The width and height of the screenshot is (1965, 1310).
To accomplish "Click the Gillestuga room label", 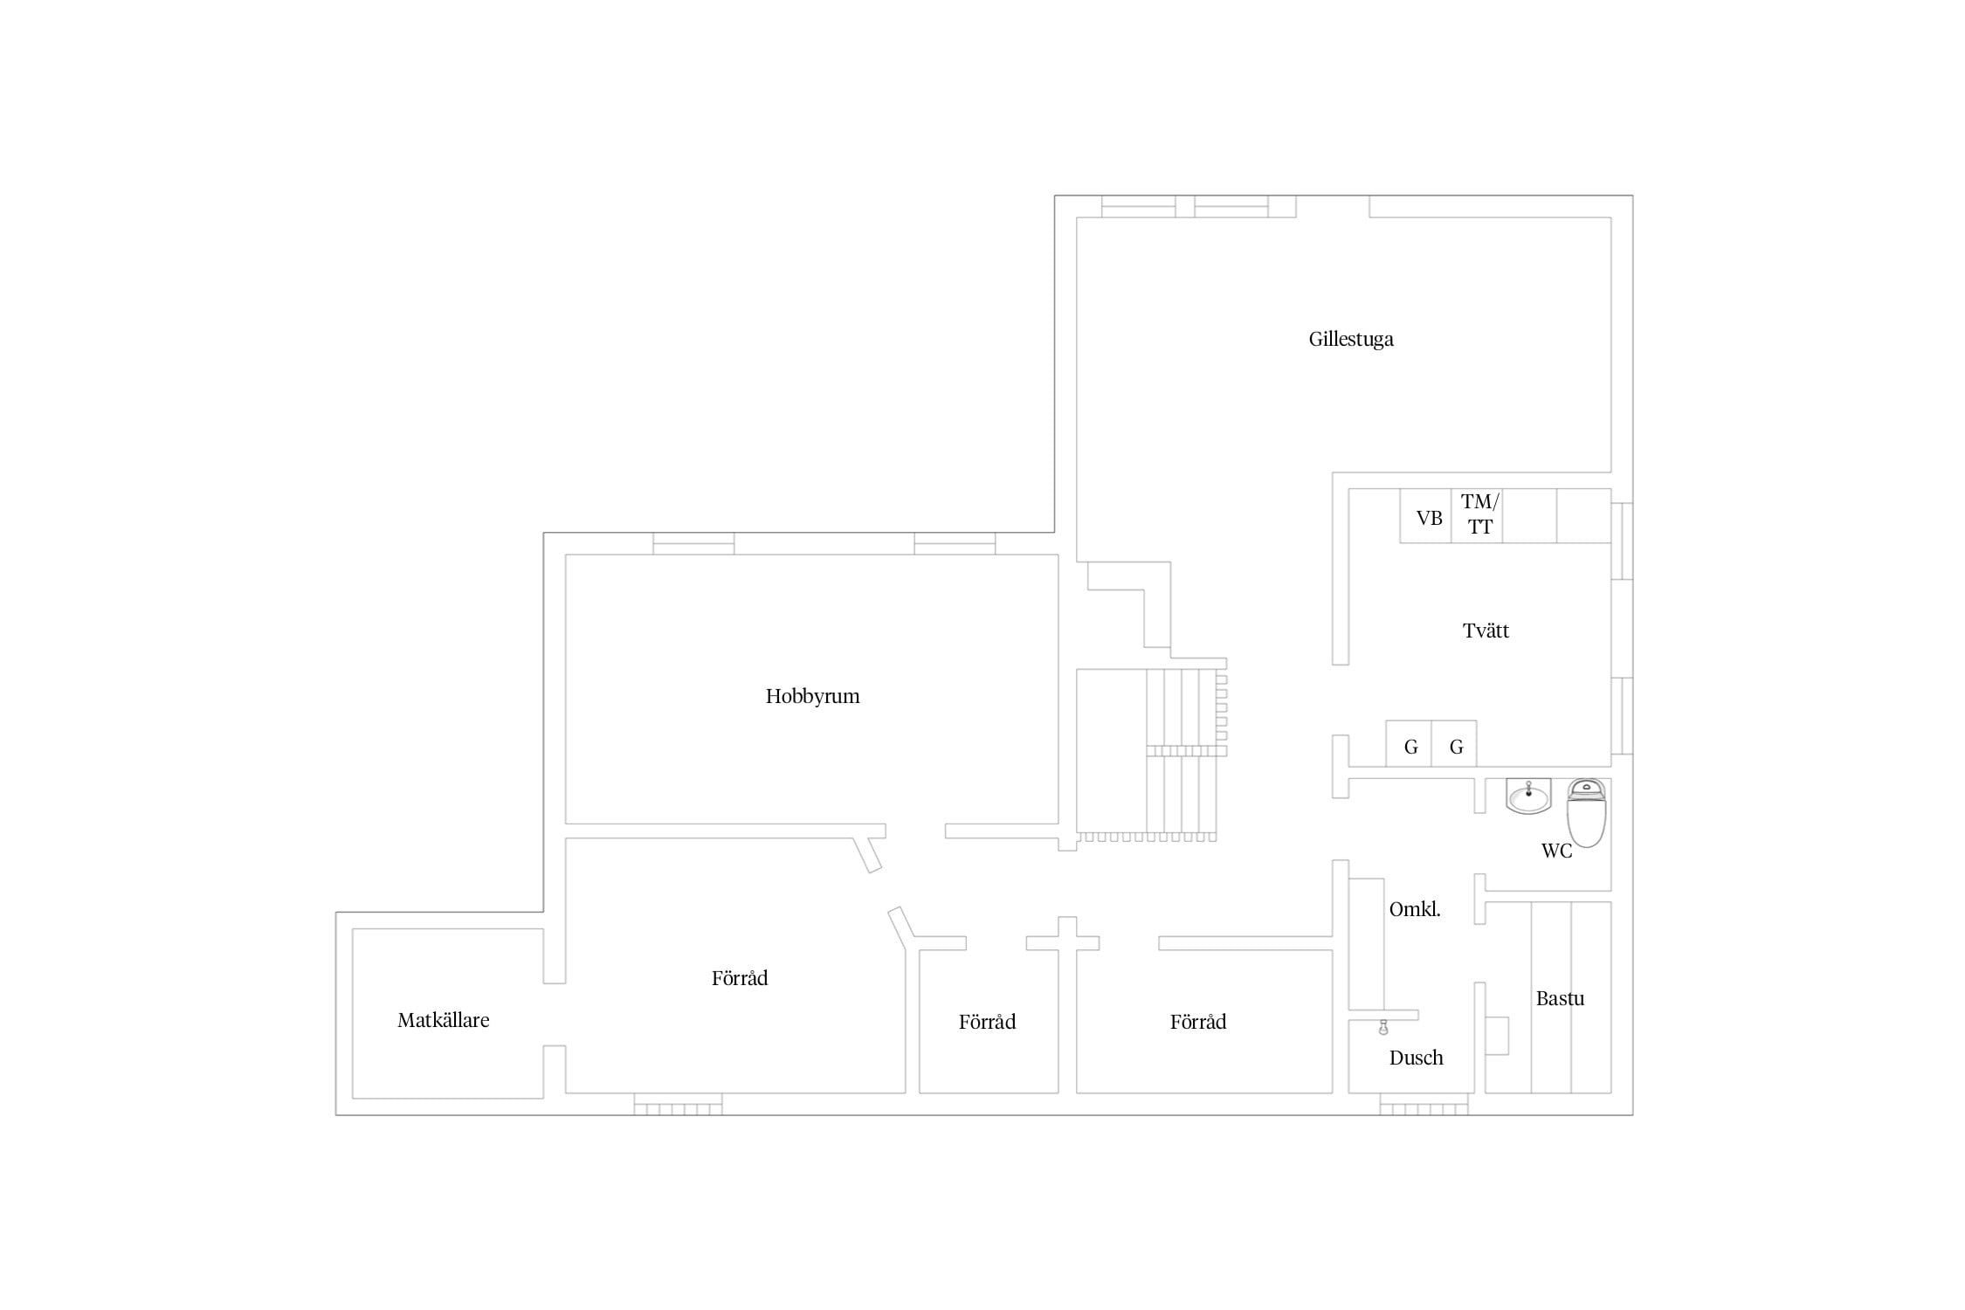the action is (1350, 339).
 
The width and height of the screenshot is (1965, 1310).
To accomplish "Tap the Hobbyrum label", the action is (812, 696).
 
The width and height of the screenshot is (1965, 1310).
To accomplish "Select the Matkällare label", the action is (443, 1020).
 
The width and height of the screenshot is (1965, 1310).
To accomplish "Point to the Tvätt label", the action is (1486, 631).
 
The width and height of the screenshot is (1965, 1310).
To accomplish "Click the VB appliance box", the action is (1425, 516).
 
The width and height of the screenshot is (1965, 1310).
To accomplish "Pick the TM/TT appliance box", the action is (1477, 516).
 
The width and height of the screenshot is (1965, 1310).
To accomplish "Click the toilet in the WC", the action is (1586, 813).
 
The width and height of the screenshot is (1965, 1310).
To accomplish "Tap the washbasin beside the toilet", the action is (1528, 796).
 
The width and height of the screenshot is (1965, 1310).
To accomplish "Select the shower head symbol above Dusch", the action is (1383, 1027).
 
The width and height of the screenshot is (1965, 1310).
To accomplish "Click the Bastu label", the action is (1560, 998).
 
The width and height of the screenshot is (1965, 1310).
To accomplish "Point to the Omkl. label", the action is (1415, 909).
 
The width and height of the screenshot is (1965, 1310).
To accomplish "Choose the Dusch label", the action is (1416, 1058).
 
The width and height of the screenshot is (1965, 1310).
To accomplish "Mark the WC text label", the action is (1556, 851).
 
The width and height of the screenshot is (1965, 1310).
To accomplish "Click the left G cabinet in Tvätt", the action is (1409, 743).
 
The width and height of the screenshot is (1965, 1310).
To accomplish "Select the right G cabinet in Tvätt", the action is (1454, 743).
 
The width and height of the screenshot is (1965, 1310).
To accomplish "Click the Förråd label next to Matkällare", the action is (740, 978).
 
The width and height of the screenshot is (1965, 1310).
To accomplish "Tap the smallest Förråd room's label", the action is (987, 1022).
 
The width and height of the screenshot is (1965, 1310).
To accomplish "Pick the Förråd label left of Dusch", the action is (1198, 1022).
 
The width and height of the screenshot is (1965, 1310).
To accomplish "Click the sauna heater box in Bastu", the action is (1497, 1036).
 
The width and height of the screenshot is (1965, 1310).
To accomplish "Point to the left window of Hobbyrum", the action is (693, 543).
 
